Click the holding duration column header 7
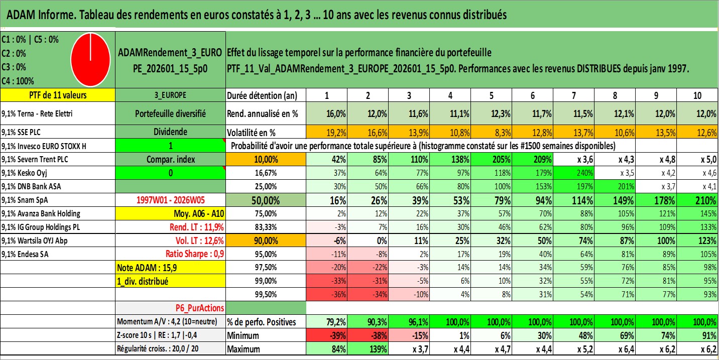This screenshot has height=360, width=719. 574,95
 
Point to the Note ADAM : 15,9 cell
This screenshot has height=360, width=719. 145,268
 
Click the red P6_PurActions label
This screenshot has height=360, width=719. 199,307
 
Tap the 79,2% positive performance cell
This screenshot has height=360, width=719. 335,321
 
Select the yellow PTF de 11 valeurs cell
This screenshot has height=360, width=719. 58,95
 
